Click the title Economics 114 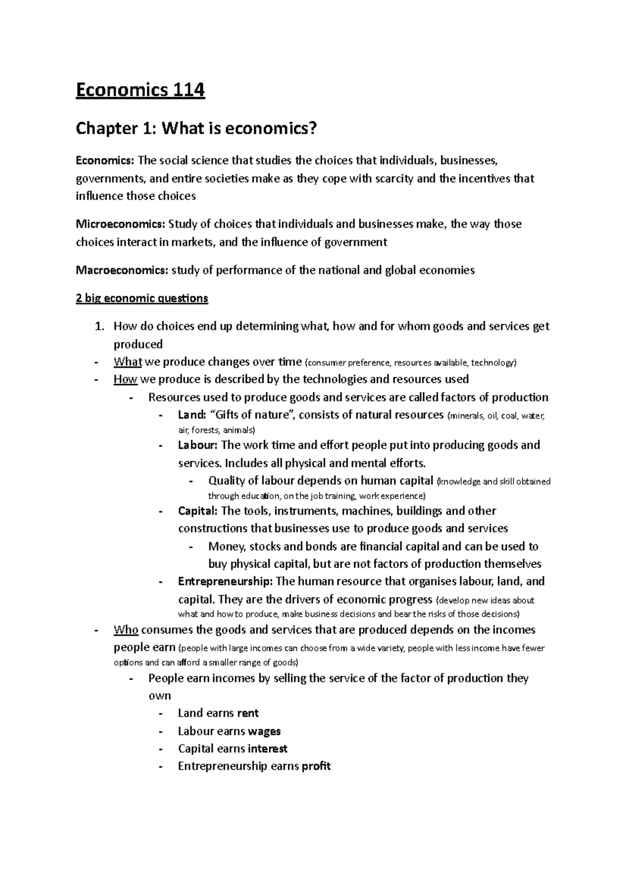(x=140, y=91)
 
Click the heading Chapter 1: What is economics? (x=196, y=129)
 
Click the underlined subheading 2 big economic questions (x=142, y=298)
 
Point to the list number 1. (x=100, y=327)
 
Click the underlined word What (x=128, y=362)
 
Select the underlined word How (x=125, y=379)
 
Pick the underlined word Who (x=126, y=630)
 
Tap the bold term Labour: (x=198, y=445)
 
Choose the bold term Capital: (x=198, y=511)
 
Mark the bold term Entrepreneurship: (x=225, y=581)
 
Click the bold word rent (x=248, y=713)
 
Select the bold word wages (x=264, y=731)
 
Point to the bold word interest (x=268, y=749)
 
